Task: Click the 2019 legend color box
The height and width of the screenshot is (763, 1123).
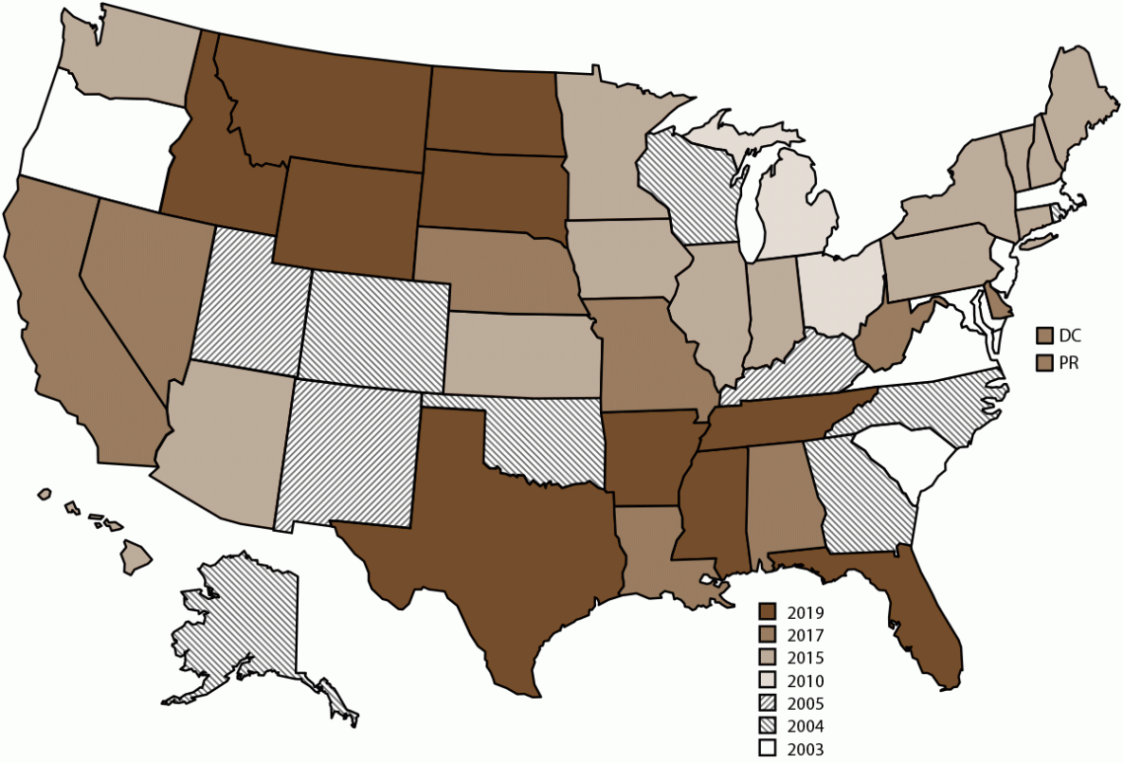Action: [x=768, y=611]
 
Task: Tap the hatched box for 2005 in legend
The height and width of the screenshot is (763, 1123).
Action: [x=768, y=703]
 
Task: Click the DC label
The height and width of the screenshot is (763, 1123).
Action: [x=1071, y=335]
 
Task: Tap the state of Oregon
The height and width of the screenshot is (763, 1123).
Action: [x=95, y=142]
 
